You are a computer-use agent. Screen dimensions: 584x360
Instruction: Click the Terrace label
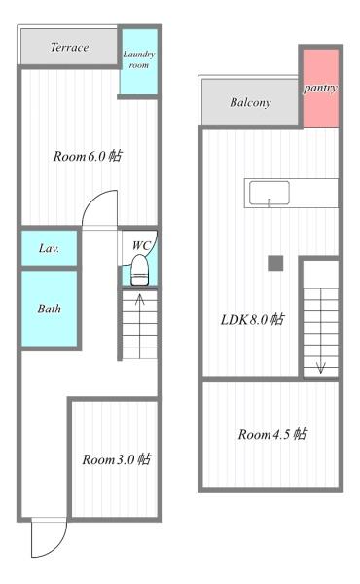pos(69,47)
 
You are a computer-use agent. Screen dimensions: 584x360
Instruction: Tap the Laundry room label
pos(138,59)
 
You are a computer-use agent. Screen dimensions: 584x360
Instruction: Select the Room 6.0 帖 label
pos(88,157)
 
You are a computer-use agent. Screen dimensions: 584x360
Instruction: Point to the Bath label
pos(50,309)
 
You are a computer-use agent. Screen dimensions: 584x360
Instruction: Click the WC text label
pos(140,245)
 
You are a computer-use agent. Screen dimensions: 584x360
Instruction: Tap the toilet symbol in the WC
pos(139,269)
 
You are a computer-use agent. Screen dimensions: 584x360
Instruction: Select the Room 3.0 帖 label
pos(115,459)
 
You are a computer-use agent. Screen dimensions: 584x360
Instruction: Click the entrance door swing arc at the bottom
pos(44,538)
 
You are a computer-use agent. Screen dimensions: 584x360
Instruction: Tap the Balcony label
pos(250,102)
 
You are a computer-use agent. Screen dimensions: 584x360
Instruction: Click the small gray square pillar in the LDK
pos(275,263)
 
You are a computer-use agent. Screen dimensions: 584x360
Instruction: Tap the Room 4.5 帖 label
pos(271,434)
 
